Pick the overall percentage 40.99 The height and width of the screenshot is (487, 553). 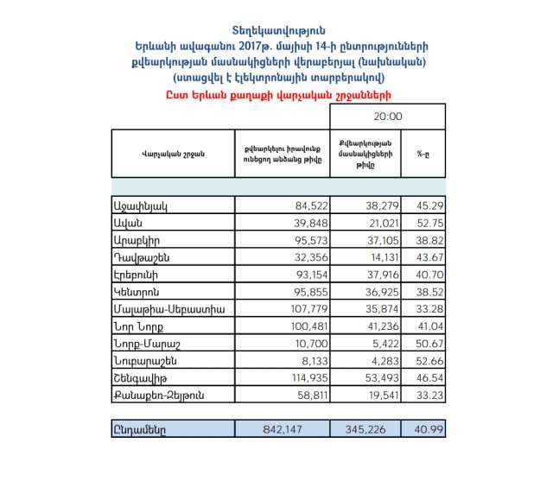428,428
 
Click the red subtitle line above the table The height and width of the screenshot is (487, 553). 276,94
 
